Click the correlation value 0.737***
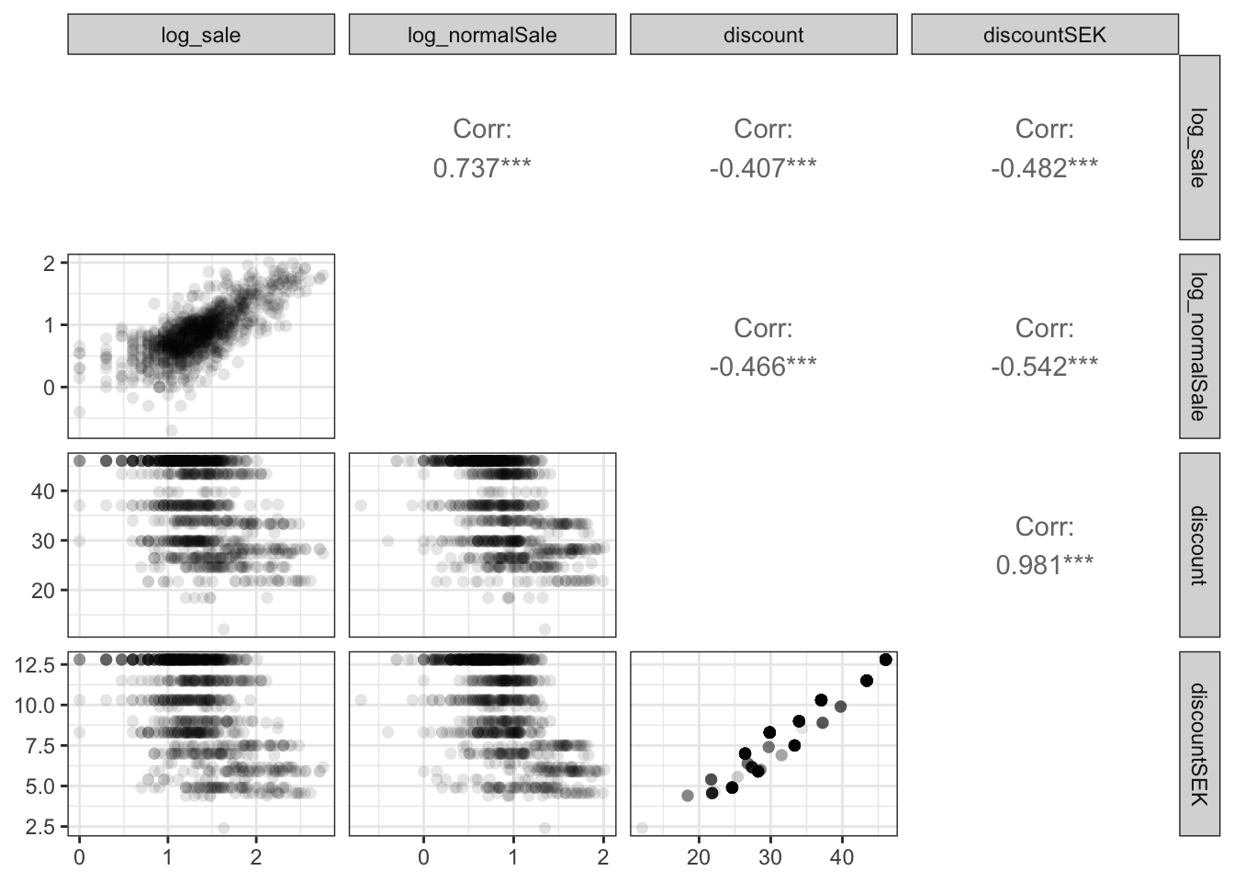tap(482, 168)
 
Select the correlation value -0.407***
tap(763, 168)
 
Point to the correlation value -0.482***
tap(1045, 168)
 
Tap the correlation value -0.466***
tap(763, 367)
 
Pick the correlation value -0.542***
tap(1045, 367)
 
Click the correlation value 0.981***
tap(1045, 565)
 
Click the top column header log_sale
tap(200, 35)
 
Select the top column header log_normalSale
tap(482, 35)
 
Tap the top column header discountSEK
tap(1045, 35)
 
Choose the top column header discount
tap(763, 35)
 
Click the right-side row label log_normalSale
tap(1199, 346)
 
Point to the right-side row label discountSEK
tap(1199, 743)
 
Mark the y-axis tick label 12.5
tap(34, 665)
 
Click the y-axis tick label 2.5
tap(39, 827)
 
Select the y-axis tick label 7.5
tap(39, 746)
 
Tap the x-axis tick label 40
tap(842, 857)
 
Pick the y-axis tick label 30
tap(43, 541)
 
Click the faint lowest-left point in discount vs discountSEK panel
tap(642, 828)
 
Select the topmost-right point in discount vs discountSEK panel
tap(886, 660)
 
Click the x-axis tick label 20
tap(699, 857)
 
